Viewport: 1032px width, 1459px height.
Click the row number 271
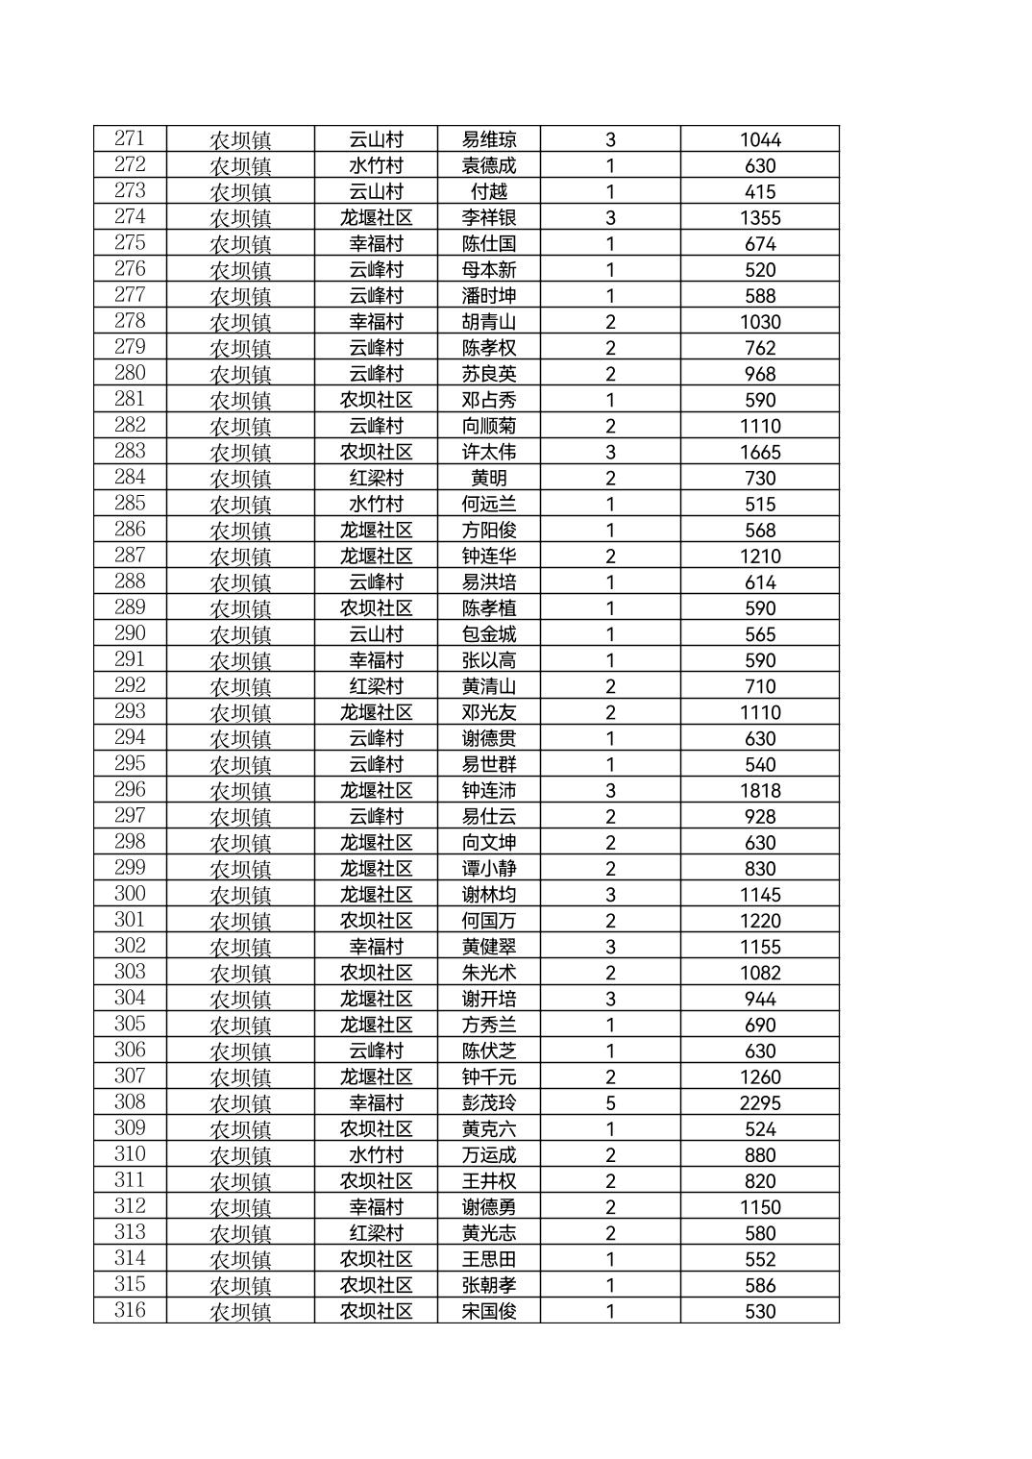[130, 138]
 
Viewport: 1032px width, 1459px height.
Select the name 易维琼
[488, 139]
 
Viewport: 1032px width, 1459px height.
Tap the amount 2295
[759, 1103]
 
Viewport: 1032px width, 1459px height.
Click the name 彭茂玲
[488, 1103]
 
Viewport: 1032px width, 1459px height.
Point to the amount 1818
[759, 791]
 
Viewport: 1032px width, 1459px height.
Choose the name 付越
[488, 191]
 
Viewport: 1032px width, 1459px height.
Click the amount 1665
[759, 453]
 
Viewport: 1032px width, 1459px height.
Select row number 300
[130, 894]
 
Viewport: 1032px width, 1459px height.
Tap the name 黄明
[488, 479]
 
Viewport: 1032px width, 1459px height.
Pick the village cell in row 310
[376, 1155]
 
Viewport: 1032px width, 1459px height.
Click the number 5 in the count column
[610, 1103]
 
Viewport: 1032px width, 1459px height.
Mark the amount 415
[759, 191]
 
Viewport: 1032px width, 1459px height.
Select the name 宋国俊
[488, 1311]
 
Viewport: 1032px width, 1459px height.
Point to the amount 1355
[759, 218]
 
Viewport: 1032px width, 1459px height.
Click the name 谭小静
[488, 869]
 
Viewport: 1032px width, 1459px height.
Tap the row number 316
[130, 1310]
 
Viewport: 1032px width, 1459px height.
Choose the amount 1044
[759, 139]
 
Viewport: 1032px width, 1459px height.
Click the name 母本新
[488, 270]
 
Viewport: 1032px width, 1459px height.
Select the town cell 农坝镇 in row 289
[240, 608]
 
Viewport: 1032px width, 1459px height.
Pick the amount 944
[759, 999]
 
